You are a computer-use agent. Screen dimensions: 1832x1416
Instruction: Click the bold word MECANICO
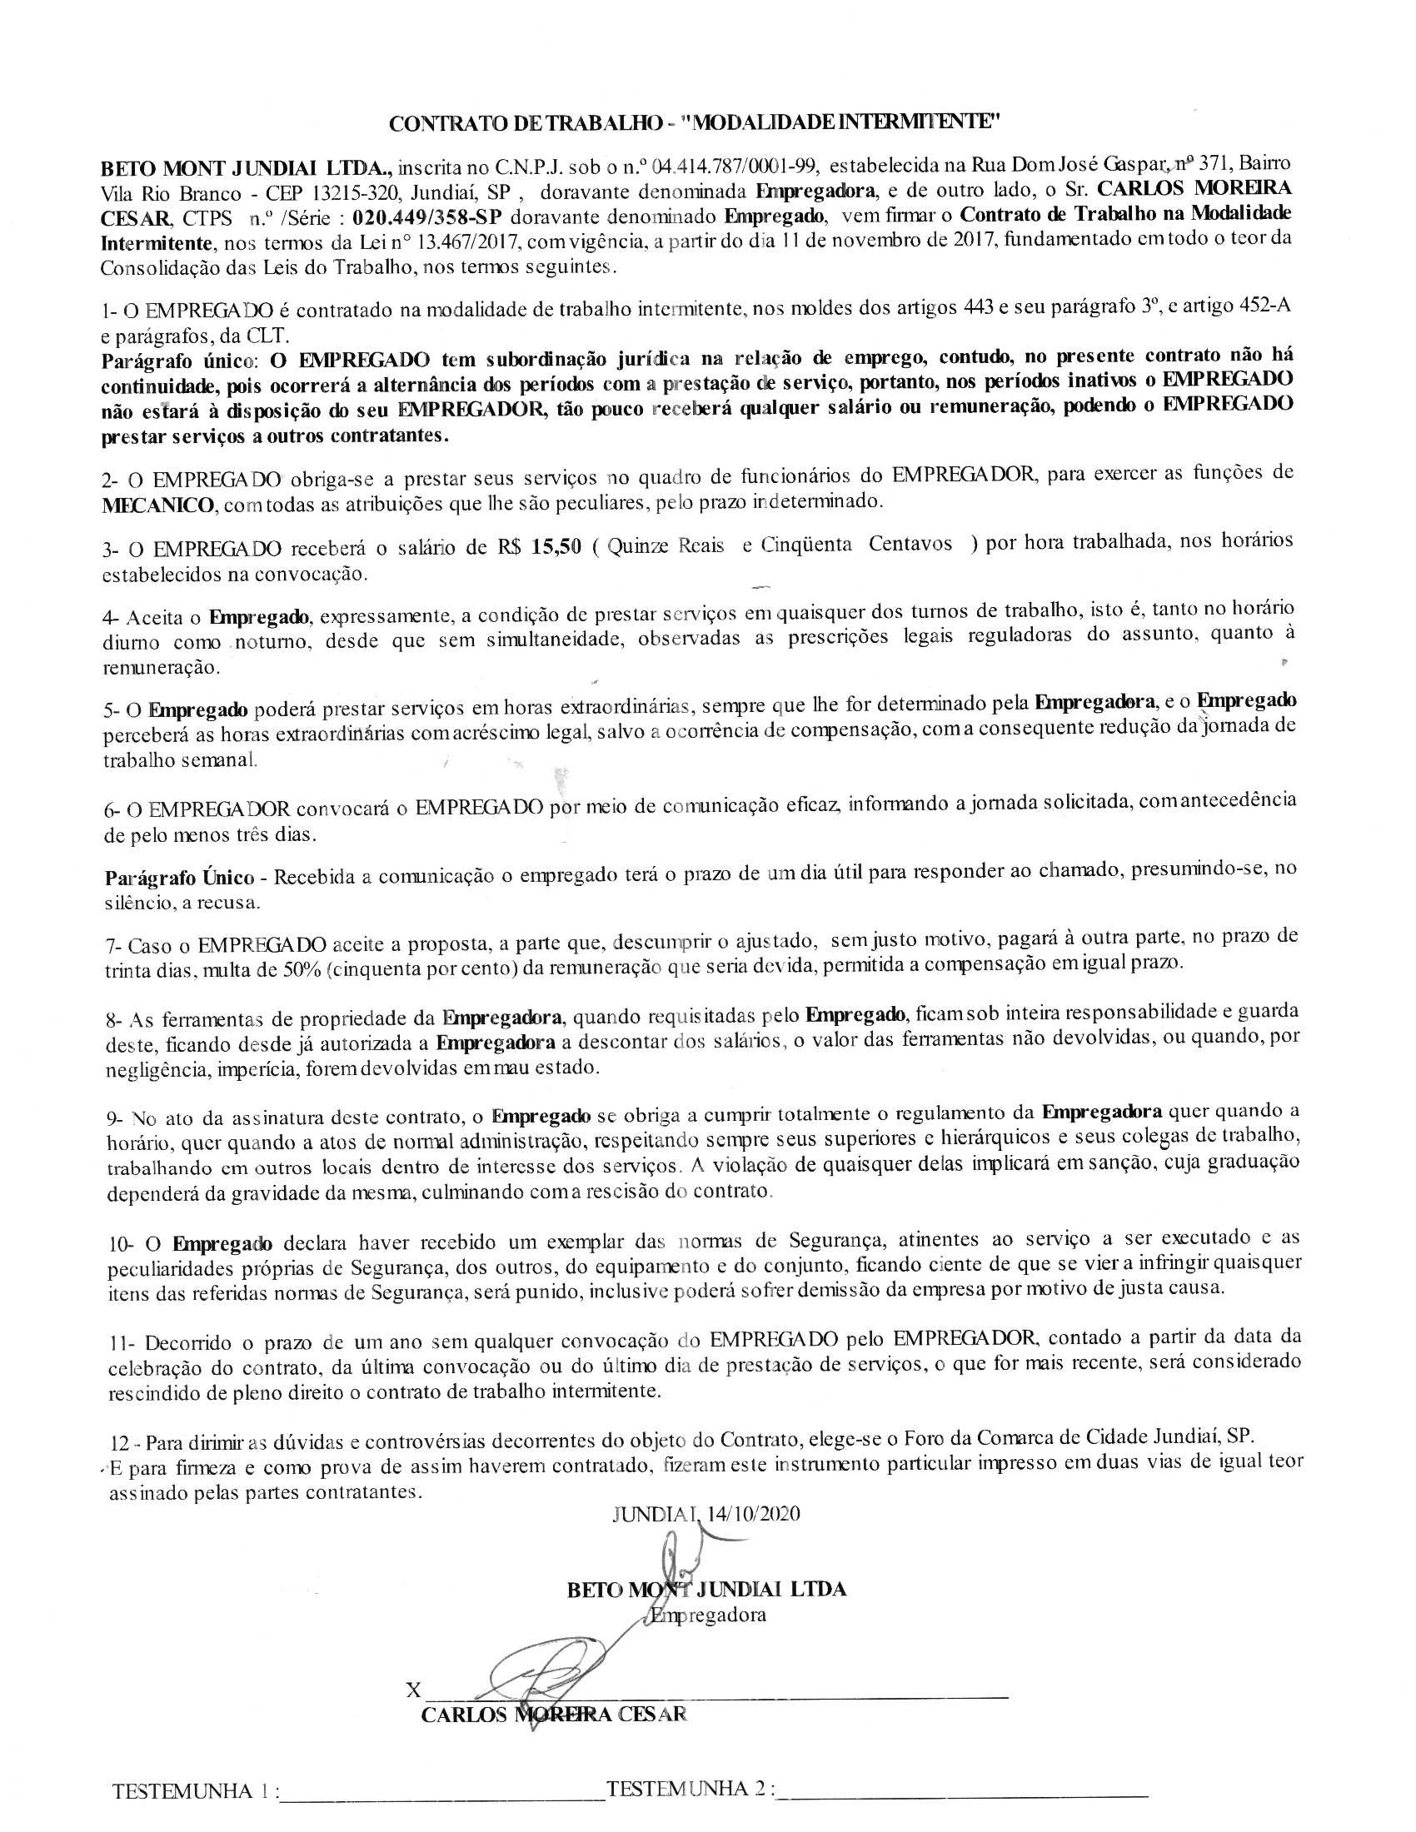pos(157,506)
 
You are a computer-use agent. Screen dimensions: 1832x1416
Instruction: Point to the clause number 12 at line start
pos(120,1444)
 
